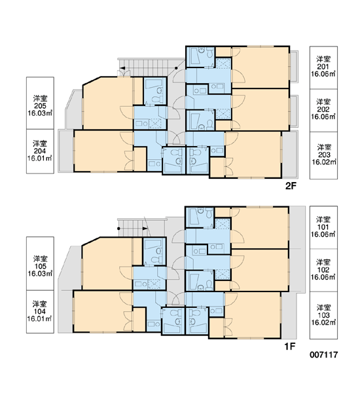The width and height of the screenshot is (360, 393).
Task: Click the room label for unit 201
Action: (323, 67)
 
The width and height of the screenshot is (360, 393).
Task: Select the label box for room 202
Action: (323, 110)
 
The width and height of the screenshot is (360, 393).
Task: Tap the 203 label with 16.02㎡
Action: (323, 155)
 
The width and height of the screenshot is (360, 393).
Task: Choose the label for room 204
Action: (40, 151)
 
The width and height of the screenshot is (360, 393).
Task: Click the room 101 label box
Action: (323, 227)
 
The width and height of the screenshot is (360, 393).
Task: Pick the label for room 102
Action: (323, 270)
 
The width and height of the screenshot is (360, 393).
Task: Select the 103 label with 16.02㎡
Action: (323, 315)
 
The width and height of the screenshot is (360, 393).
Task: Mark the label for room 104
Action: (40, 312)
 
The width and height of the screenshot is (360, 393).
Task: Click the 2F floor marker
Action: (291, 186)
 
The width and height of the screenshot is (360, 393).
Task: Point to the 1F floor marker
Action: (290, 346)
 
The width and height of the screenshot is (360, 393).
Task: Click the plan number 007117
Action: (324, 354)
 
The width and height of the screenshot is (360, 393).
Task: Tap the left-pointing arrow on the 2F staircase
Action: (123, 68)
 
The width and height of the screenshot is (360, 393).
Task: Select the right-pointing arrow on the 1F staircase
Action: (145, 229)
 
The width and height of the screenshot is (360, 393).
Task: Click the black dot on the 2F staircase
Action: (176, 68)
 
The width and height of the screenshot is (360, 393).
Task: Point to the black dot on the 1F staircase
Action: (118, 229)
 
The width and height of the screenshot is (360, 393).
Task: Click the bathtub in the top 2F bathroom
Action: (194, 56)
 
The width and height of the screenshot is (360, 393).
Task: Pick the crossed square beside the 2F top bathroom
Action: (223, 64)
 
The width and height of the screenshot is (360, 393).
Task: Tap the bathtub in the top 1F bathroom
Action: (194, 217)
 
